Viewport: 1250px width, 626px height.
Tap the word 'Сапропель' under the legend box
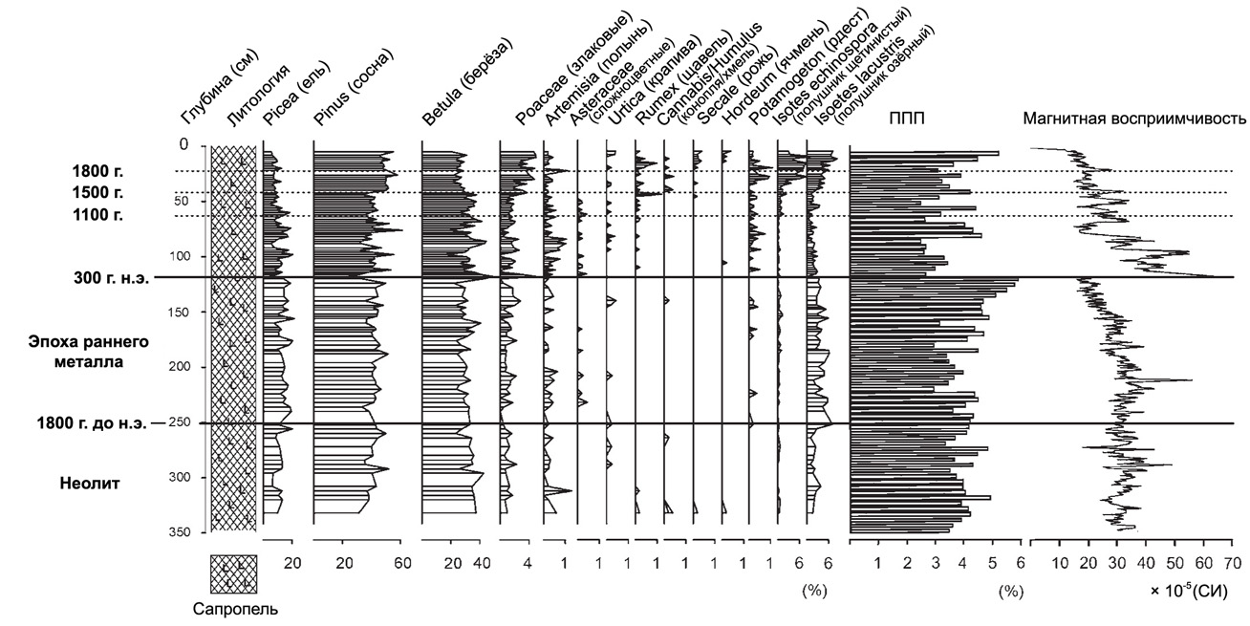[x=233, y=605]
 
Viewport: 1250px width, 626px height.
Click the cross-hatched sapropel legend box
[x=234, y=574]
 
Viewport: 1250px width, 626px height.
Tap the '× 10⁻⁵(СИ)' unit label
[x=1196, y=593]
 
